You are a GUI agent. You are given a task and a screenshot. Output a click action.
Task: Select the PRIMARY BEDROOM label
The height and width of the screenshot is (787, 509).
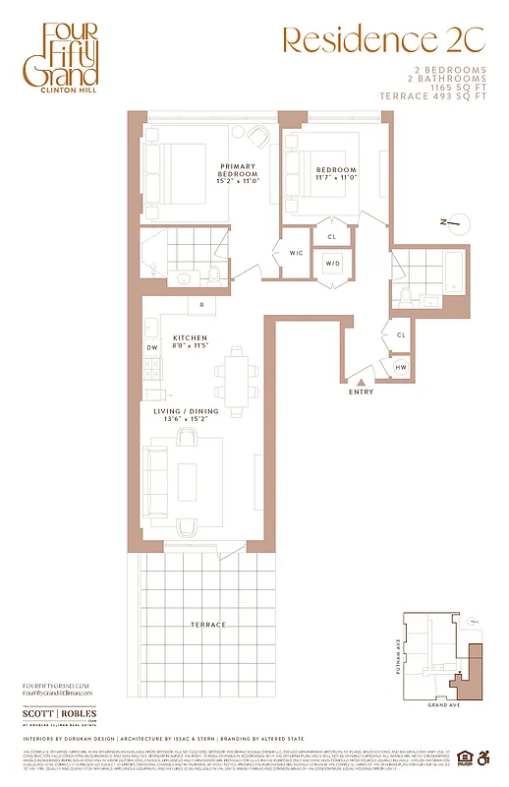[238, 172]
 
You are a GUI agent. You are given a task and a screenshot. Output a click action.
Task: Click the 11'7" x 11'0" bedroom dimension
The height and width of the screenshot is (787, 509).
[335, 177]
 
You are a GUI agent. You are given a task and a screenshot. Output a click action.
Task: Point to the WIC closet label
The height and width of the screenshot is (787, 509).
[296, 254]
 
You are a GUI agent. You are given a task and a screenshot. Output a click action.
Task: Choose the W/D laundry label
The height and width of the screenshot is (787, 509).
[332, 263]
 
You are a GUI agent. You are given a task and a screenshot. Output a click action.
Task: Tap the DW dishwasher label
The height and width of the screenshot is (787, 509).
[152, 348]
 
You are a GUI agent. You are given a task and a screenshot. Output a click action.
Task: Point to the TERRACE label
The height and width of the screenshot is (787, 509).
[207, 625]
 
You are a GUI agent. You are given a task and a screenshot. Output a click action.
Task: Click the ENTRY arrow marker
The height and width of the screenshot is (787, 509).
[363, 381]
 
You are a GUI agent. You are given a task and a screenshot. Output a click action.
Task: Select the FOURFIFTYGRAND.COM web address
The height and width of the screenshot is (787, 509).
[55, 685]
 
